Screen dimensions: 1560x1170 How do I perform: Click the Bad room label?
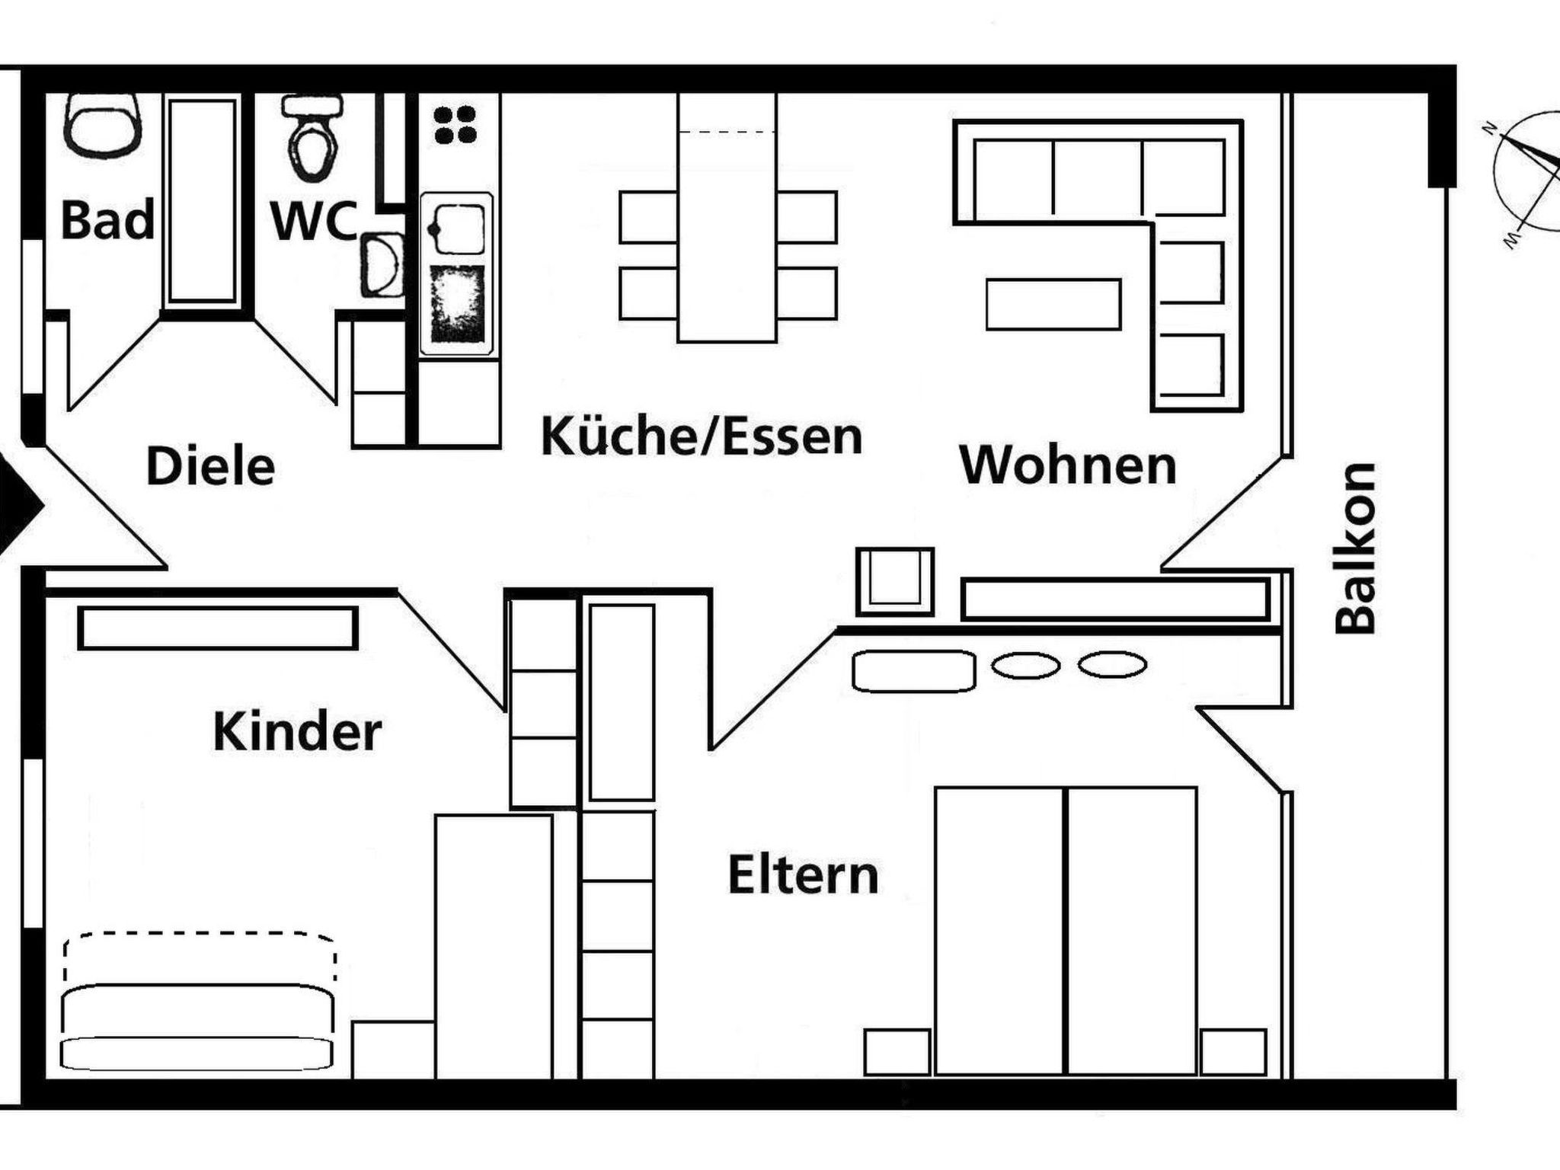click(107, 220)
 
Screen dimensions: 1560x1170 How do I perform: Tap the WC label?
click(314, 221)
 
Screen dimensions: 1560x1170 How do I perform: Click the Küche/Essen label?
click(702, 436)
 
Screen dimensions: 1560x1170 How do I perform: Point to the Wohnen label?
click(1068, 465)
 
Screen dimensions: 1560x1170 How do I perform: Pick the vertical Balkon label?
click(1356, 548)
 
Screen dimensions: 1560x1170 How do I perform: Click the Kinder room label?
click(297, 731)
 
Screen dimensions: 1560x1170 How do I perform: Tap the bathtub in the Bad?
click(202, 200)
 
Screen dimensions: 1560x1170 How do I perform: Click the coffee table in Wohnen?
click(1053, 304)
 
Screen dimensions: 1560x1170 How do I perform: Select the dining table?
click(727, 218)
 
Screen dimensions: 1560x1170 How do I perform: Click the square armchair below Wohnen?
click(895, 581)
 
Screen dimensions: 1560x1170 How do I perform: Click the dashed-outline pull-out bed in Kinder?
click(200, 957)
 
